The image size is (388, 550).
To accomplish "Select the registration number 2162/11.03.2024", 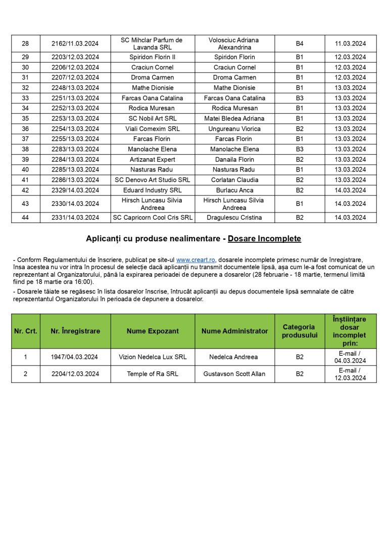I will (75, 44).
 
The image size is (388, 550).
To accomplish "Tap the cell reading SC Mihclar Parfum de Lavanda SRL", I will (153, 44).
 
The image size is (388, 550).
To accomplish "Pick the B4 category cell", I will (300, 44).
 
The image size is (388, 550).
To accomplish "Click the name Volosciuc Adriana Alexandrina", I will (234, 44).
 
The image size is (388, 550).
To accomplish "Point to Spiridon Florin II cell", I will (153, 57).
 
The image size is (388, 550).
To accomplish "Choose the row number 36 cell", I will (25, 129).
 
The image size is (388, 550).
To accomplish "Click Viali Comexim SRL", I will (153, 129).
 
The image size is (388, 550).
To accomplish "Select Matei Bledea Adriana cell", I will (234, 118).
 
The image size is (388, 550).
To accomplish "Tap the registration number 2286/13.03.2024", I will (75, 180).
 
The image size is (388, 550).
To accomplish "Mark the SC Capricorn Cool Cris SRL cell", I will (153, 218).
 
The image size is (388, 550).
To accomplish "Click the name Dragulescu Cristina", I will (234, 218).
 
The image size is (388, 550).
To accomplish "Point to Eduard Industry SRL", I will (153, 190).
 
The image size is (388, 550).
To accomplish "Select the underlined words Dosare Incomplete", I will (264, 238).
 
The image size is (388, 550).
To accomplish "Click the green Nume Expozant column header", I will (153, 331).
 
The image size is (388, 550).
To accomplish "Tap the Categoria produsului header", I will (300, 331).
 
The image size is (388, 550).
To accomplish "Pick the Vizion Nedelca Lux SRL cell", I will (153, 357).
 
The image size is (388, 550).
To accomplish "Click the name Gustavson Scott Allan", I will (234, 374).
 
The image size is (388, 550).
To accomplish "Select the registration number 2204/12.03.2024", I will (75, 374).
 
